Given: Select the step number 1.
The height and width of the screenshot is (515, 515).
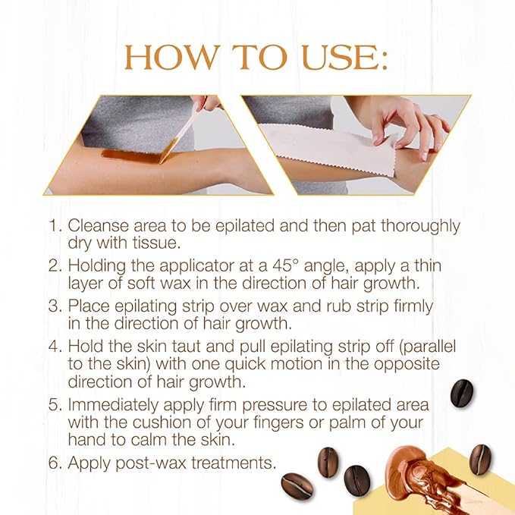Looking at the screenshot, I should [53, 227].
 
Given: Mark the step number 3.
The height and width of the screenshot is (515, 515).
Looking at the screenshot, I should [53, 306].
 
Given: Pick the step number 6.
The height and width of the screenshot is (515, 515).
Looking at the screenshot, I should [53, 461].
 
